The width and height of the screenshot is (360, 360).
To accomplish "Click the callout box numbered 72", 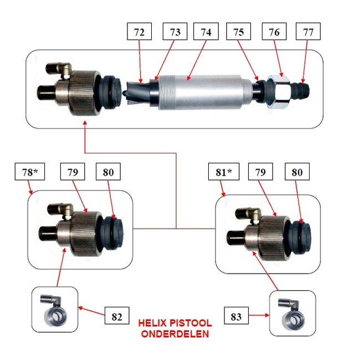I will (x=140, y=33).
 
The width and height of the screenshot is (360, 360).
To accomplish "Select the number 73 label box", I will (x=175, y=33).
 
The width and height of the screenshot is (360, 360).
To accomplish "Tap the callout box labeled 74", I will (x=206, y=33).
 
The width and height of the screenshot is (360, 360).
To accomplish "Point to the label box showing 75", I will (x=239, y=33).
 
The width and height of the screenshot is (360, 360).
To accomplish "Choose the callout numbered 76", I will (x=274, y=33).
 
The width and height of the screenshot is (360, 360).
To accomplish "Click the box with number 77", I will (x=308, y=33).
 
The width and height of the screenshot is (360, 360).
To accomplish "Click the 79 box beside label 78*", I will (x=73, y=173).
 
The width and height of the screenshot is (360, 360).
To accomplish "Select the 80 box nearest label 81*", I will (x=298, y=173).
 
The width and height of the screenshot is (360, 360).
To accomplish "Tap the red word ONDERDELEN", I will (x=174, y=334).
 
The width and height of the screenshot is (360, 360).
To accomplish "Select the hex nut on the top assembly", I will (x=279, y=90).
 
